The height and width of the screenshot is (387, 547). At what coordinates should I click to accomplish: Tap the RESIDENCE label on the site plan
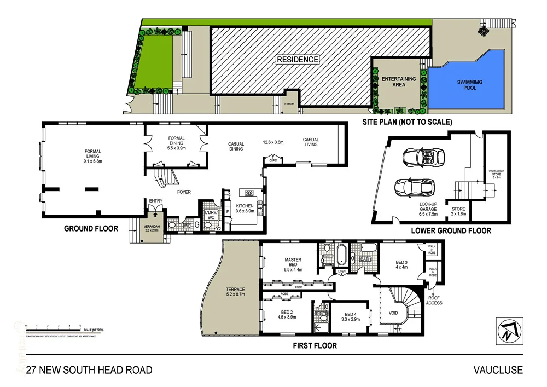pos(297,59)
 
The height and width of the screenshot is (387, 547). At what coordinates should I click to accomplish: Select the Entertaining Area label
pos(399,82)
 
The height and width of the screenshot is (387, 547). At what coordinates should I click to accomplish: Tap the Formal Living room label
pos(92,157)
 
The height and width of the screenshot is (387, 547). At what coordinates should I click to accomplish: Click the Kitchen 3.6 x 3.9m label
pos(245,208)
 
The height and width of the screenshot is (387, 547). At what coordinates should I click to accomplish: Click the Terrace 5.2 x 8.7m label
pos(235,292)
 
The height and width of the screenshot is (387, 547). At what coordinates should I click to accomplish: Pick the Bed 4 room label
pos(350,316)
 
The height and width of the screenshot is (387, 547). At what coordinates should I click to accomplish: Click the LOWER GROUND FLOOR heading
pos(451,230)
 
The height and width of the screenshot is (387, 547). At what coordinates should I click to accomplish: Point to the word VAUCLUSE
pos(498,370)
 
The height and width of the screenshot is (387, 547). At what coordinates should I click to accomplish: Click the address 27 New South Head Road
pos(85,370)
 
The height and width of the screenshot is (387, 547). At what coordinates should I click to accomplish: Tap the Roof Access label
pos(434,301)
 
